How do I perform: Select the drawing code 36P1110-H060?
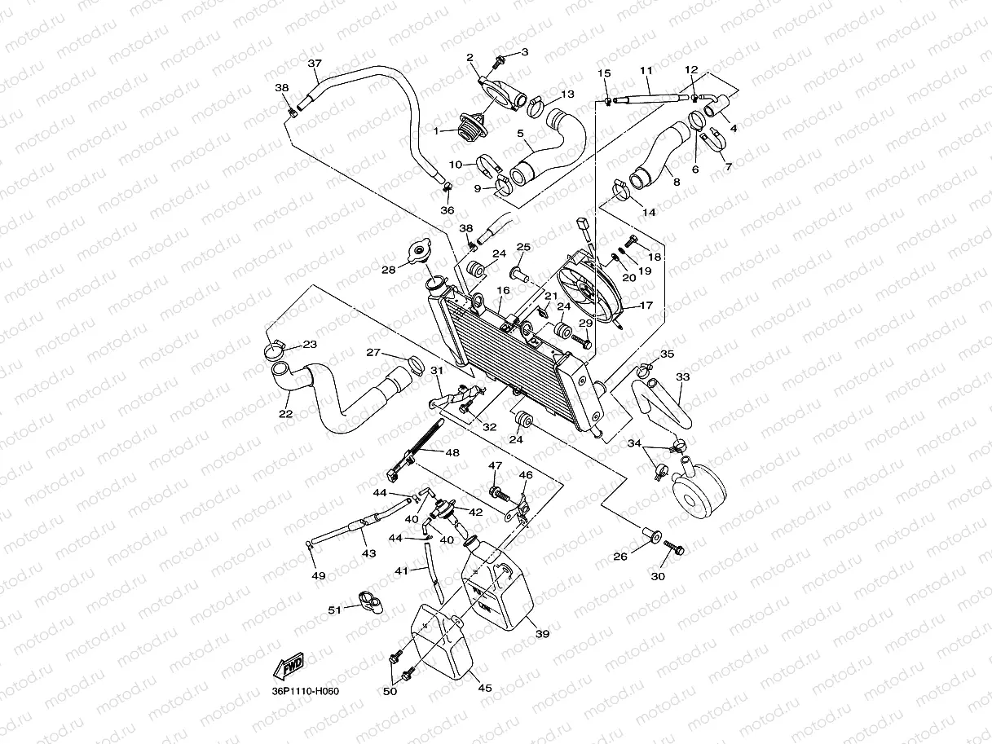pos(305,692)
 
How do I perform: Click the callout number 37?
pos(315,64)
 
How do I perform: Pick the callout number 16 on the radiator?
pos(503,290)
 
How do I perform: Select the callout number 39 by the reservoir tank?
pos(542,633)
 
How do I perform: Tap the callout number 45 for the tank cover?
pos(485,688)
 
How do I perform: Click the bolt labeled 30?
pos(675,549)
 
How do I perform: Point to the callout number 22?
pos(285,414)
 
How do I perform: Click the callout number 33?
pos(682,377)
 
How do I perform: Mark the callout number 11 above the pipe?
pos(646,70)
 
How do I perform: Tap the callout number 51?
pos(334,610)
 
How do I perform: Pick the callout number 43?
pos(369,553)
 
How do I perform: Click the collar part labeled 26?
pos(650,535)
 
